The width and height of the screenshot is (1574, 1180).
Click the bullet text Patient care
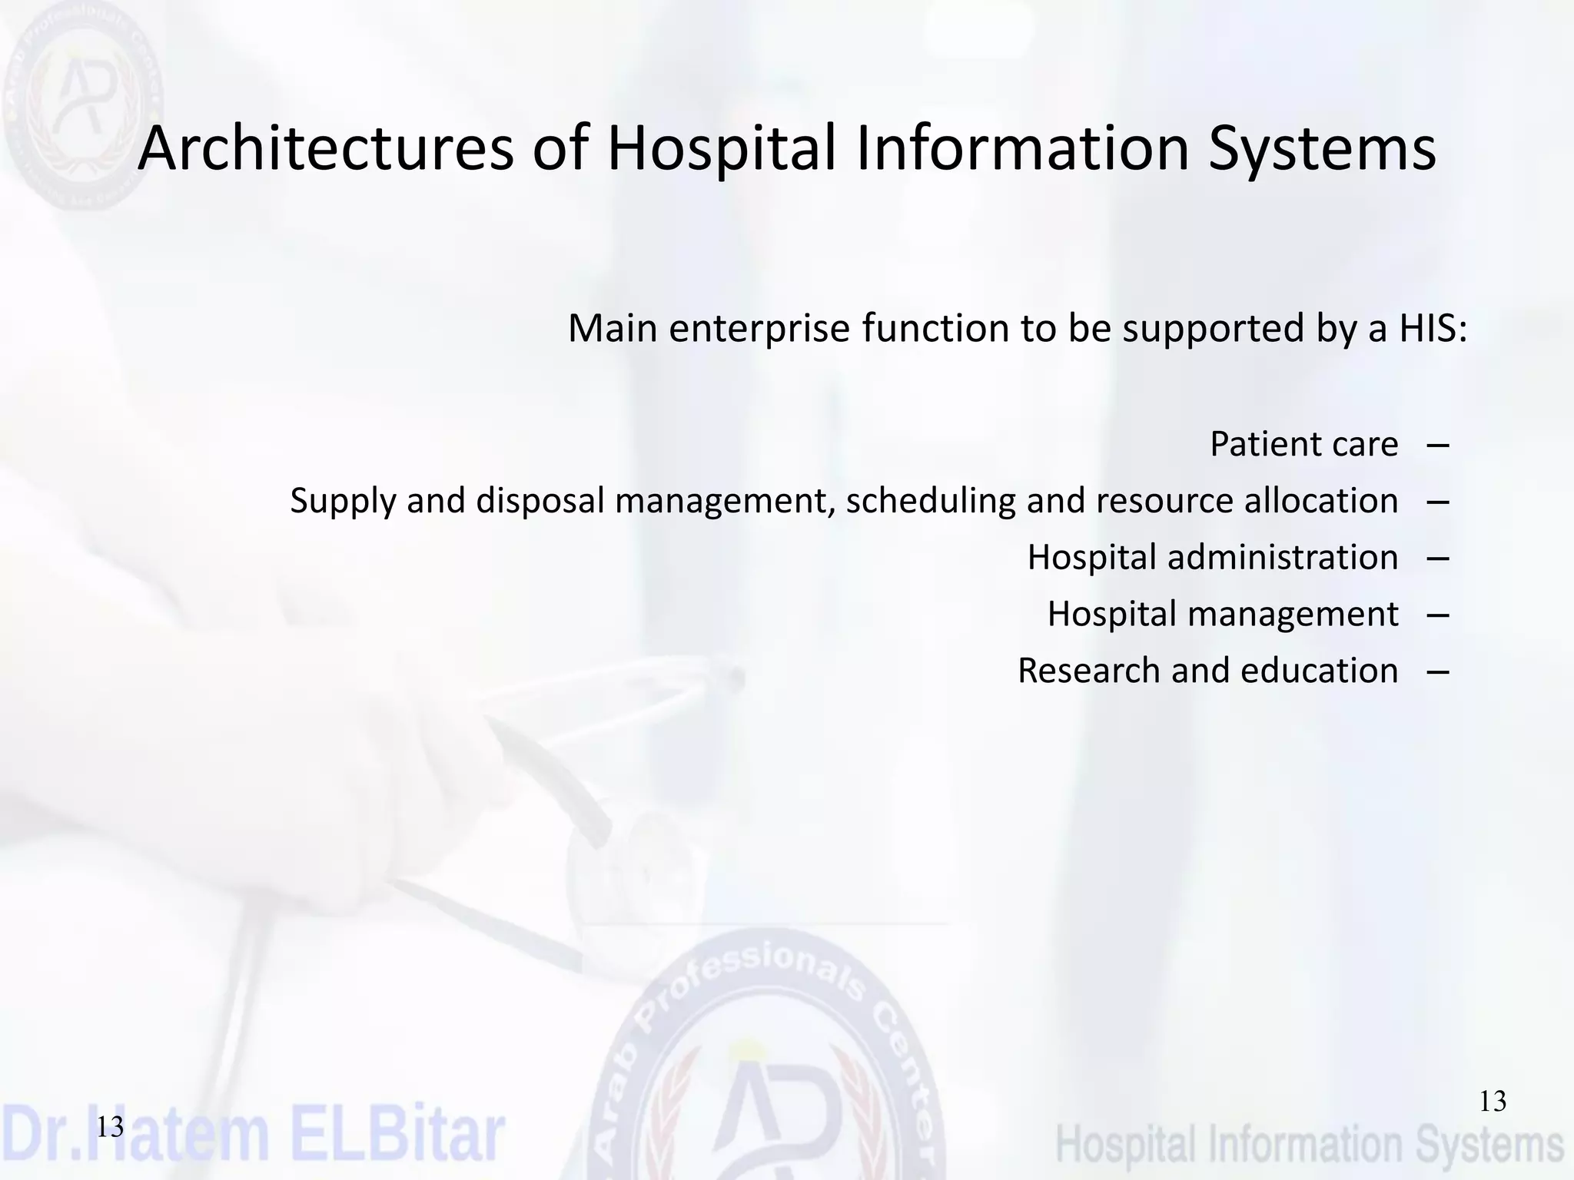[1303, 444]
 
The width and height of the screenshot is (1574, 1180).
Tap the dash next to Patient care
[1437, 445]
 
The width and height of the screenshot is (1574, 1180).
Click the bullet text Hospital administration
[1212, 557]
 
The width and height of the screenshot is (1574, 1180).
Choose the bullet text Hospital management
[1222, 614]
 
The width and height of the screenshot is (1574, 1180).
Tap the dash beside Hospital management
[1437, 615]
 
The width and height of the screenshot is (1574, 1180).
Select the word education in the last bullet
[1319, 671]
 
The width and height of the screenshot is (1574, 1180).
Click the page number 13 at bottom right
[1493, 1102]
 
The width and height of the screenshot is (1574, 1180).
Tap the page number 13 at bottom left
[110, 1127]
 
